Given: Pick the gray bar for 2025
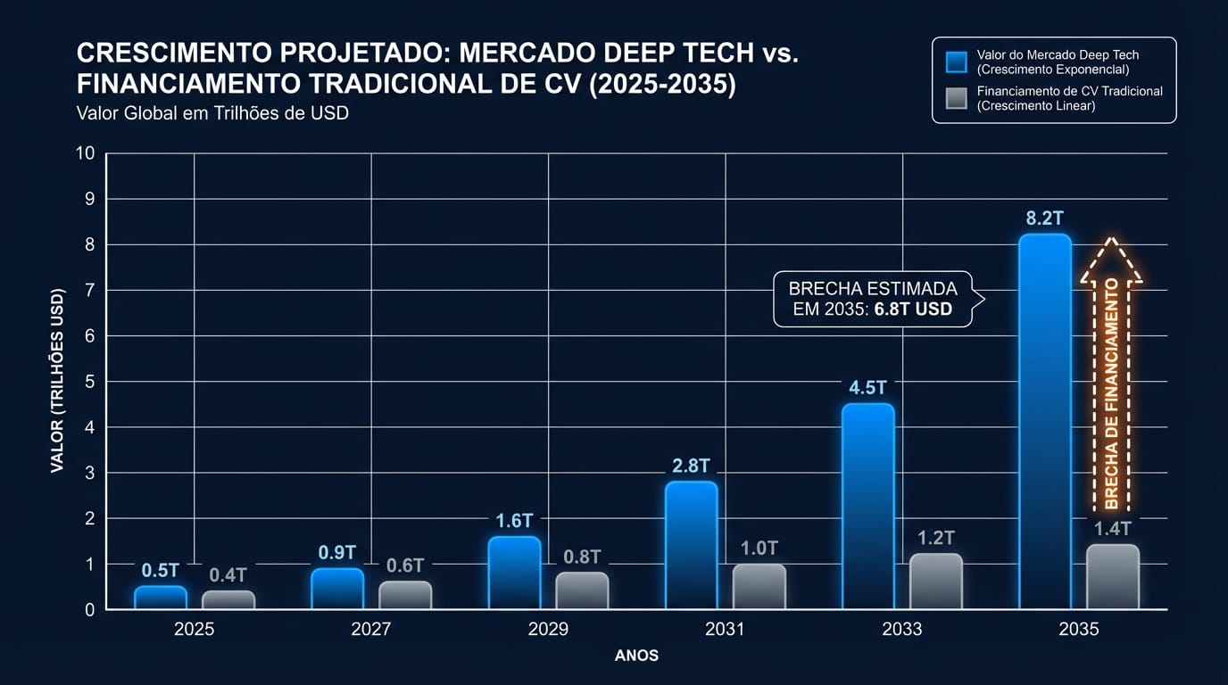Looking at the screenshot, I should point(228,599).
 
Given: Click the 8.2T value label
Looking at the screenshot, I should point(1044,219).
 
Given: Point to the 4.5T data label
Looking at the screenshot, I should point(867,388).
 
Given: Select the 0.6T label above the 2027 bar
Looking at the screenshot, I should point(404,565).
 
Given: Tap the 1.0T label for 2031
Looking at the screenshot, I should point(759,548).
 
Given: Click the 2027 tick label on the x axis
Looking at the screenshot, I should point(370,630).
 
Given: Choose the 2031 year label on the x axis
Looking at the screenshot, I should point(725,630).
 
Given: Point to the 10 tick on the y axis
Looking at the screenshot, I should point(85,153).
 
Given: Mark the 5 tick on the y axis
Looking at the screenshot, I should point(89,382).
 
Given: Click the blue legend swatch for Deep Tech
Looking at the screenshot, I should point(956,62).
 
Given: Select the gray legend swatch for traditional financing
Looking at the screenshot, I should point(956,97).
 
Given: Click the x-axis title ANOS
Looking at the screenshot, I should point(636,656).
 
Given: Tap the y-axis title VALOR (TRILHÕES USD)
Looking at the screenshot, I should point(58,381).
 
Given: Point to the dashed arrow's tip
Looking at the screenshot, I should point(1111,239).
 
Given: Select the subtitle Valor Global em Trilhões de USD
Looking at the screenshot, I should point(212,113).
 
